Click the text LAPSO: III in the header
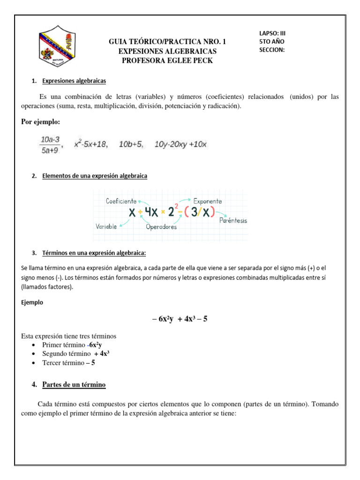click(272, 33)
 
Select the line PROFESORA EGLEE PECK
click(167, 60)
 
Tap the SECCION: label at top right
click(272, 50)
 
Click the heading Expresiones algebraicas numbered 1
click(74, 81)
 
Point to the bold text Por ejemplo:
click(41, 122)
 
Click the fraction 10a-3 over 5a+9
click(49, 145)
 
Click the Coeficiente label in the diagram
click(121, 201)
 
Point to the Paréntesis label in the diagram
click(233, 220)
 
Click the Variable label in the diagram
click(106, 226)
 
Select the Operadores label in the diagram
click(161, 227)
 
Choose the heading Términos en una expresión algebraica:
click(94, 253)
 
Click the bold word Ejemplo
click(32, 302)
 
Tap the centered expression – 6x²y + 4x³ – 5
click(180, 319)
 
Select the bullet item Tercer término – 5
click(68, 363)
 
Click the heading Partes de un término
click(74, 385)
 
